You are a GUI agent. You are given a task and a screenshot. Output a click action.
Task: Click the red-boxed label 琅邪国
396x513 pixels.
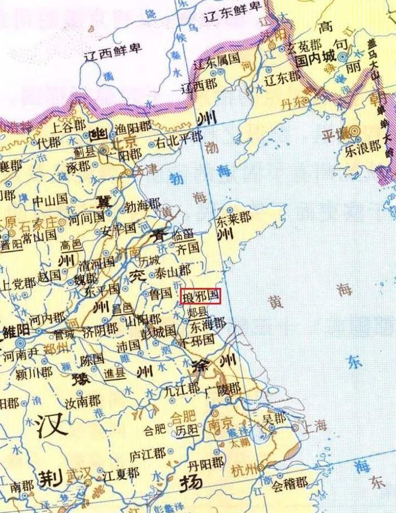[200, 296]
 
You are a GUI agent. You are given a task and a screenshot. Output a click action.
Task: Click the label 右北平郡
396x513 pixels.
[179, 137]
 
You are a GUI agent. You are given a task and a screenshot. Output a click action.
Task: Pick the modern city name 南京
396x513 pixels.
[220, 424]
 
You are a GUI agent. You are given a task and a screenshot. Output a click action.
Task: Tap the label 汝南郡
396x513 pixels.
[86, 402]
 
